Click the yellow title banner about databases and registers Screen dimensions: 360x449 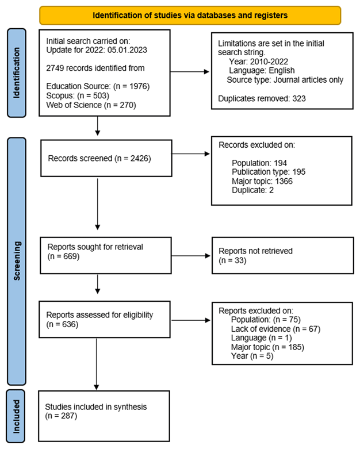190,15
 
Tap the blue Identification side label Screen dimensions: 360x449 17,73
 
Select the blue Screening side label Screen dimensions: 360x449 17,261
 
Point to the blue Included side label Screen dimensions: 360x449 16,416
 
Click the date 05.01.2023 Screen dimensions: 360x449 127,50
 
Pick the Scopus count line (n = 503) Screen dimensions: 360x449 78,95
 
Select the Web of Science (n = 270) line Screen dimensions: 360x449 91,105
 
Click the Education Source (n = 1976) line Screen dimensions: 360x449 98,86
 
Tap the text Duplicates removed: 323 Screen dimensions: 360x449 262,98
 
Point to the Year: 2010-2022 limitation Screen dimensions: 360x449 258,62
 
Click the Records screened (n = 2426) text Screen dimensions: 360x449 99,158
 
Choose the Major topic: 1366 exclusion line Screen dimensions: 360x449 262,181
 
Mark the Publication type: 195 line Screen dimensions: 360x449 269,172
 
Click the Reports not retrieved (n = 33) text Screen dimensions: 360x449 255,255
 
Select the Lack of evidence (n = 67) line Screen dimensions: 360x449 276,329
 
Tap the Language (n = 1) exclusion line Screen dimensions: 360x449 262,338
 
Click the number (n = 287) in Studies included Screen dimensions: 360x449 61,416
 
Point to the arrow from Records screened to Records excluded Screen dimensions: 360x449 190,153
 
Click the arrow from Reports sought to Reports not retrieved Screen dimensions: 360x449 191,256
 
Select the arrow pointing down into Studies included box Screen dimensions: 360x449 97,364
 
